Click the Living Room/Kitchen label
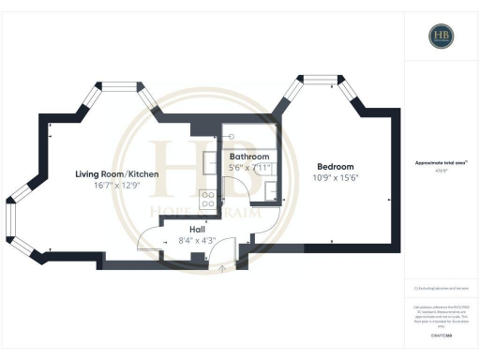coord(117,174)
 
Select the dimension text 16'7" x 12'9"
coord(117,187)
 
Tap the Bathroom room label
coord(249,157)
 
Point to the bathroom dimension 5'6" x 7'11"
coord(249,167)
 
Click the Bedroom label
coord(322,166)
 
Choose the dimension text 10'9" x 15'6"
coord(322,177)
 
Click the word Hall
coord(197,229)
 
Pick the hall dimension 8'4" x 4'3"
coord(197,240)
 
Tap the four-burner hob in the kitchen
coord(207,199)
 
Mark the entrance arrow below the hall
coord(222,267)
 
